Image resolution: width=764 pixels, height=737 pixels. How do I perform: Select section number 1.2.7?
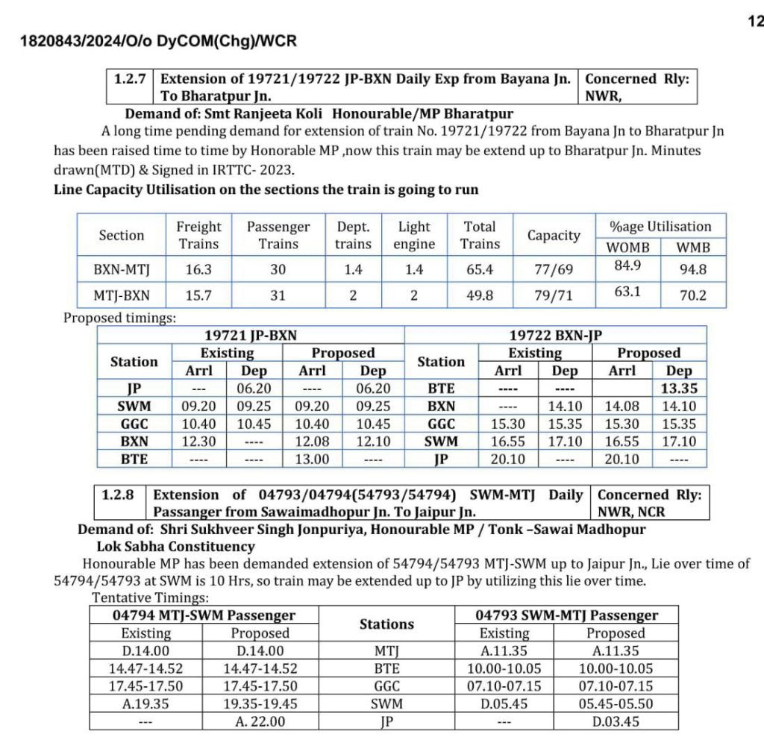(x=130, y=78)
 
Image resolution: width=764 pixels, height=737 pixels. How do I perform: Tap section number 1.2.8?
(x=120, y=495)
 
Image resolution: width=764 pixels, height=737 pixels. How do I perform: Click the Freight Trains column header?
(x=198, y=235)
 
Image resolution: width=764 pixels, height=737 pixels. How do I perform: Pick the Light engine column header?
(x=414, y=235)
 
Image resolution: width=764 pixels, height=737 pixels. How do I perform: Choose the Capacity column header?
(x=554, y=236)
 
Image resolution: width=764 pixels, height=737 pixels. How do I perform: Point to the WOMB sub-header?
(x=627, y=247)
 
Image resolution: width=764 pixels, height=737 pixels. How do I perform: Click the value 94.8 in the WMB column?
(x=692, y=270)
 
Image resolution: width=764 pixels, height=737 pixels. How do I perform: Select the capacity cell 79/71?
(x=554, y=295)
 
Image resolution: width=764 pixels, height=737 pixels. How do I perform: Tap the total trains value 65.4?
(x=480, y=270)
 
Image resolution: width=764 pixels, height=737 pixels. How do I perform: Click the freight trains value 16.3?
(x=198, y=270)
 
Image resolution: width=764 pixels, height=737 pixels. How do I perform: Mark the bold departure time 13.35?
(x=678, y=389)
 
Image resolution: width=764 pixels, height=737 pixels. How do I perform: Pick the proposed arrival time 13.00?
(x=312, y=460)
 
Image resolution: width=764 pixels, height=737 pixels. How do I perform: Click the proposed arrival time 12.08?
(x=312, y=442)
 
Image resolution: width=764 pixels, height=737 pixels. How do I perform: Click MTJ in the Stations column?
(x=386, y=650)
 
